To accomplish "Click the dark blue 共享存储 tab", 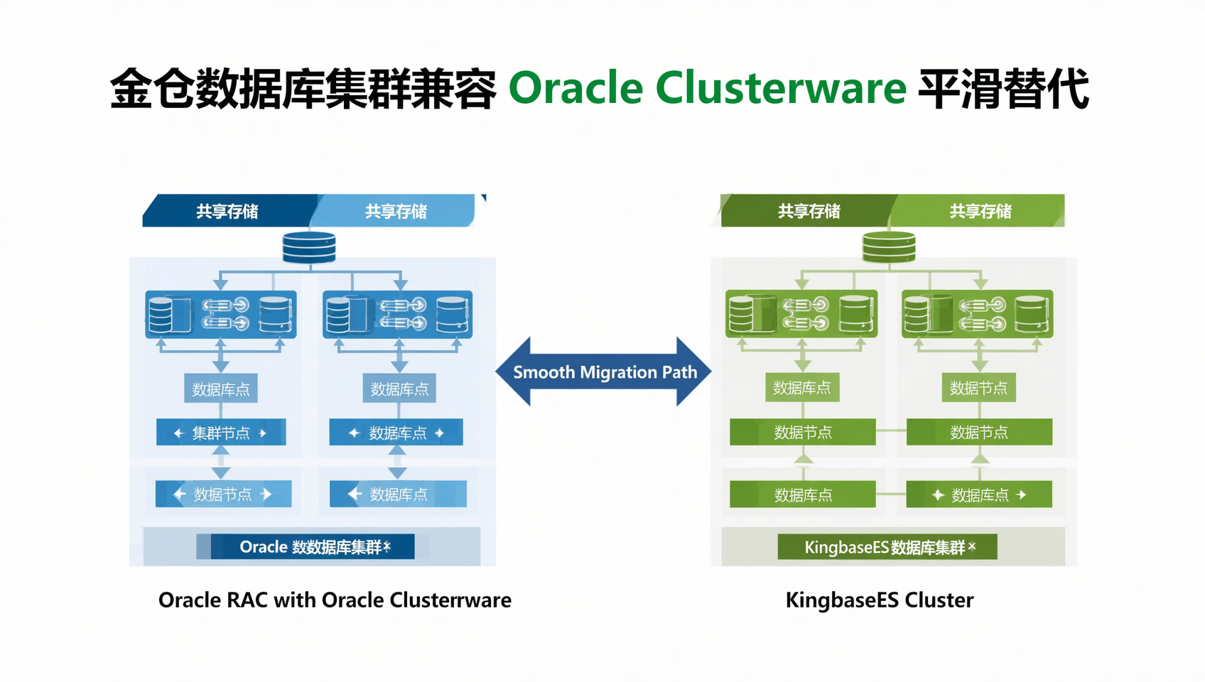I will (227, 211).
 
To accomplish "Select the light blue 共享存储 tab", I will (396, 211).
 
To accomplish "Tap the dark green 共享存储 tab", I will (809, 211).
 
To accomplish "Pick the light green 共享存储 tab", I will (980, 211).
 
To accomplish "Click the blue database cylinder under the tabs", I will (309, 248).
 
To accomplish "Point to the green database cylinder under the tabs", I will (889, 248).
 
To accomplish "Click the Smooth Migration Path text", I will (605, 372).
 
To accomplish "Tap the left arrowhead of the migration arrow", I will (513, 372).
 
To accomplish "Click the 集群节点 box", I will (221, 433).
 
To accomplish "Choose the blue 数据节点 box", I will (223, 494).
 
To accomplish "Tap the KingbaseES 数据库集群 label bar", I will (887, 547).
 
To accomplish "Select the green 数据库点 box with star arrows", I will (979, 495).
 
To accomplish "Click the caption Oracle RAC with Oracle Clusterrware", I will (335, 600).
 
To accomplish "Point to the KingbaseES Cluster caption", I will (880, 600).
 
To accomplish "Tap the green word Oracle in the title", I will (576, 88).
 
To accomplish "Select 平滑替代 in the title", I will (1003, 88).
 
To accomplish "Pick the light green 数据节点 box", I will (978, 388).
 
